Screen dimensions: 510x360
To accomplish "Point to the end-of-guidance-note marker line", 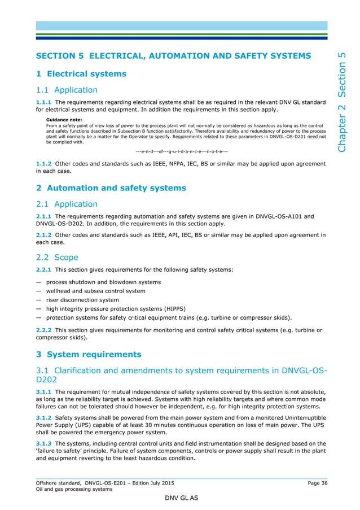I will [182, 151].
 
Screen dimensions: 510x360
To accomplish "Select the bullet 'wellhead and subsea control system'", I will [95, 291].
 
